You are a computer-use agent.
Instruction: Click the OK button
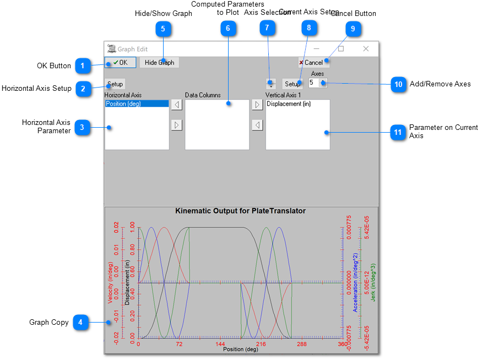point(120,63)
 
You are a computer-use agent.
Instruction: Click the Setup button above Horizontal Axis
point(116,84)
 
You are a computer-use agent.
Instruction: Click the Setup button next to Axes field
point(293,84)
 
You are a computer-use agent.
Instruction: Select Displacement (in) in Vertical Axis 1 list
point(288,103)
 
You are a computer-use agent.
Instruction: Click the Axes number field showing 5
point(314,83)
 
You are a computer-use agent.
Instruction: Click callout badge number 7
point(267,27)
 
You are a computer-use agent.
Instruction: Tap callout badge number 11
point(398,133)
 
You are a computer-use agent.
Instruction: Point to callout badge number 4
point(80,323)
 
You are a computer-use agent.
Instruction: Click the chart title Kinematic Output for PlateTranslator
point(240,211)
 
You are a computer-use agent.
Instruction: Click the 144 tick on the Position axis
point(220,343)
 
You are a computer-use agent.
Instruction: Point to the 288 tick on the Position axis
point(302,343)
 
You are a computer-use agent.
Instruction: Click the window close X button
point(366,49)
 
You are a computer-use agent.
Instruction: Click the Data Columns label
point(203,95)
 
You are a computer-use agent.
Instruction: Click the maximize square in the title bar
point(341,49)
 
